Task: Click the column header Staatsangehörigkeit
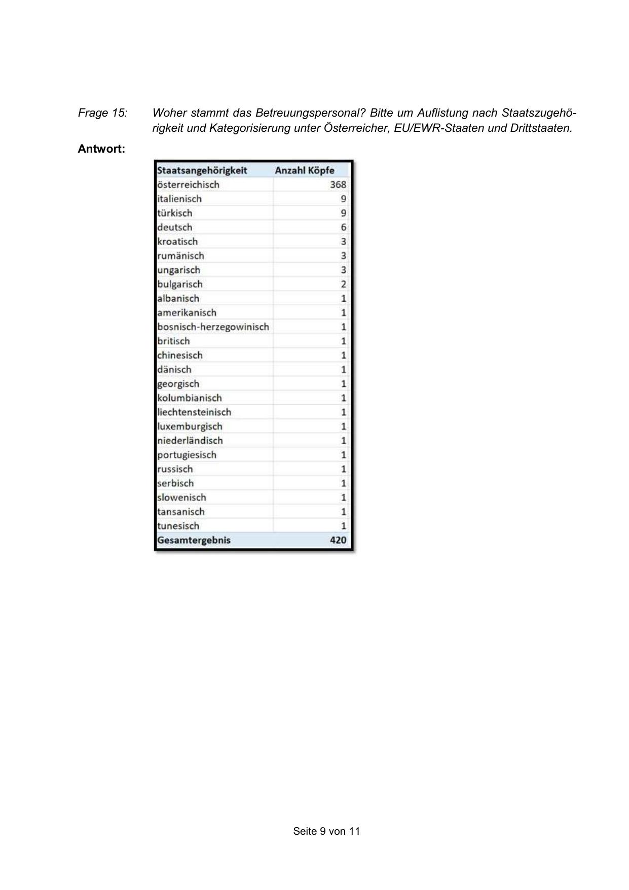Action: coord(202,170)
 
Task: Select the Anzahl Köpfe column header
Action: coord(305,170)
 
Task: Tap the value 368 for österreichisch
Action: coord(338,185)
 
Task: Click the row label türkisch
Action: coord(175,213)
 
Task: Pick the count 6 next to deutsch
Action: coord(343,227)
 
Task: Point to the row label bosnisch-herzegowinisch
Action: coord(213,327)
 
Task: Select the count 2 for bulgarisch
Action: coord(343,284)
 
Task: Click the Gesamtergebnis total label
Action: coord(194,540)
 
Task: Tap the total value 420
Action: coord(338,540)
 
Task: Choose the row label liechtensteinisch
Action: coord(194,412)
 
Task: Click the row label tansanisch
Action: coord(181,512)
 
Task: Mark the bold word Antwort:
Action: coord(101,149)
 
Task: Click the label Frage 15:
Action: coord(102,113)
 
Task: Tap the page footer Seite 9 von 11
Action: coord(326,831)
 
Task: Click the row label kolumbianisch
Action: coord(190,398)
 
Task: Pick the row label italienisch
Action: coord(179,199)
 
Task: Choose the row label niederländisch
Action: coord(190,440)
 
